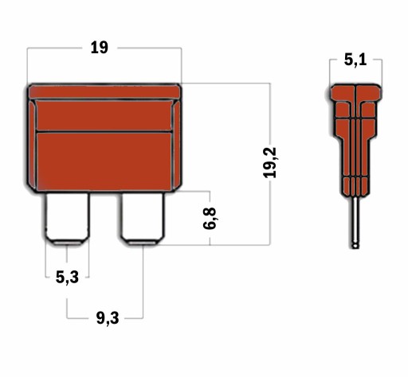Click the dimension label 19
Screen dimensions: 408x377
[100, 48]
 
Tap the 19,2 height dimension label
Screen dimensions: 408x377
[270, 162]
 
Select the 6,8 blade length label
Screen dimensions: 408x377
[210, 219]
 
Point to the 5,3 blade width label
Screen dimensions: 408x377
[67, 278]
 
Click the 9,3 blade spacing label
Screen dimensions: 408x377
[108, 318]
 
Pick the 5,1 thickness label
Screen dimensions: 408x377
[355, 60]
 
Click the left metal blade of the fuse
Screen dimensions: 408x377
[67, 218]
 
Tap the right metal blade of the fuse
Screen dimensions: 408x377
[143, 218]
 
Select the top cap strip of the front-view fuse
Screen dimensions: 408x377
[104, 91]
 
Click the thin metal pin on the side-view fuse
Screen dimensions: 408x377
[355, 222]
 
